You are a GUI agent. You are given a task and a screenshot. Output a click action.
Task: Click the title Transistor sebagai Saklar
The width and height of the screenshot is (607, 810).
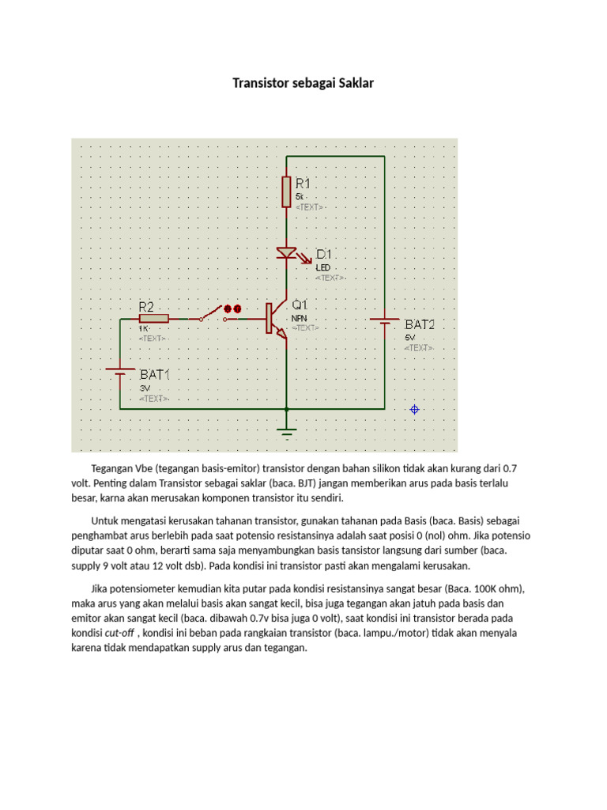pos(303,83)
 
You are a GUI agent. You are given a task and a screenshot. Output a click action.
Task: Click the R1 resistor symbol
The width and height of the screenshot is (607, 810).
pos(286,191)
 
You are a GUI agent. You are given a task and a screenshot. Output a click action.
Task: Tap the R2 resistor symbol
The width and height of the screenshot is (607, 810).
pos(153,318)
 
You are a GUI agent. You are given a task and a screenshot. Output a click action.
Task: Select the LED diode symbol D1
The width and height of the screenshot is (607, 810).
pos(287,254)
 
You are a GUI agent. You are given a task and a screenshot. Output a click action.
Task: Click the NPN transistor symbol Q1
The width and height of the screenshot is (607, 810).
pos(276,320)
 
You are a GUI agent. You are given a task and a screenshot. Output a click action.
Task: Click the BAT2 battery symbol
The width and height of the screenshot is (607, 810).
pos(385,320)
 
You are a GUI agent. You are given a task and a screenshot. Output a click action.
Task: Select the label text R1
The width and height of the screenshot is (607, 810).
pos(307,182)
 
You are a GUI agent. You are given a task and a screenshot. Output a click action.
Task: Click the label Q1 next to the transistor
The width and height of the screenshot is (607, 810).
pos(300,305)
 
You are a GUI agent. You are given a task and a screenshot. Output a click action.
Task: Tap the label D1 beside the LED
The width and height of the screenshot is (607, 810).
pos(326,254)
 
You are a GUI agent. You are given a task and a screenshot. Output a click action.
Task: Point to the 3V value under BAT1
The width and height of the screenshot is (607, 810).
pos(145,388)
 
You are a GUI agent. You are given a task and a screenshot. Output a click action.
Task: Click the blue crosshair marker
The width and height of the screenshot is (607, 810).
pos(414,409)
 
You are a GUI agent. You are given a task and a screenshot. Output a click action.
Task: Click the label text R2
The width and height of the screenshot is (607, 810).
pos(146,305)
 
